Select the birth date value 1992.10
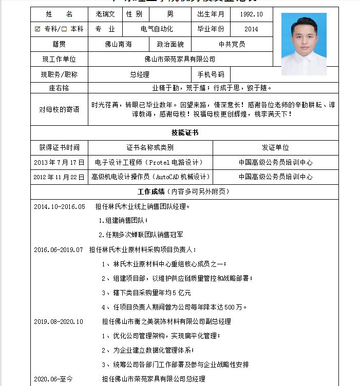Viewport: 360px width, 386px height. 251,14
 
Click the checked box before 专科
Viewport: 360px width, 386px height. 37,29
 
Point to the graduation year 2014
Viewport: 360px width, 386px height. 251,29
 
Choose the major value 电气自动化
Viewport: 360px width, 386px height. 157,29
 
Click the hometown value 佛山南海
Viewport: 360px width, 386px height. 118,44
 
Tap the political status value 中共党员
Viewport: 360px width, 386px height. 232,44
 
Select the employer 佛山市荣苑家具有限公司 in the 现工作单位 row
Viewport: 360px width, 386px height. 180,60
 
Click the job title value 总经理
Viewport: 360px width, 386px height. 140,74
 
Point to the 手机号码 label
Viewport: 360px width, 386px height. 211,74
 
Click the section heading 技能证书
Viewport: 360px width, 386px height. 184,133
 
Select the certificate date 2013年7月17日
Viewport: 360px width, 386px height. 59,162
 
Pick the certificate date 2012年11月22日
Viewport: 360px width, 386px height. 59,177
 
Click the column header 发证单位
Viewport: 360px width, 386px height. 275,148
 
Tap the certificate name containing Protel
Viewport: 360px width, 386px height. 150,162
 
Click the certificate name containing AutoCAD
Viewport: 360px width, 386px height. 150,177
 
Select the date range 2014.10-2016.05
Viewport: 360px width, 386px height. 59,207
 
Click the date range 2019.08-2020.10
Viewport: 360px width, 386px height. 58,322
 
